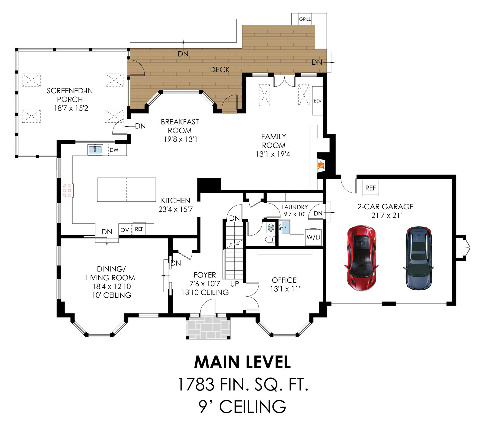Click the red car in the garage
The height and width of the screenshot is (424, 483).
tap(361, 258)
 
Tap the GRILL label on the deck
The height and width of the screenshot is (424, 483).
tap(305, 19)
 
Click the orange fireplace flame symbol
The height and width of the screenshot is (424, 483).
tap(321, 165)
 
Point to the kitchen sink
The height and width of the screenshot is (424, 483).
tap(95, 149)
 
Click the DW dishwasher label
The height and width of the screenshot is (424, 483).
tap(114, 150)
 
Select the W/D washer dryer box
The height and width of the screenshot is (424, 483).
tap(313, 237)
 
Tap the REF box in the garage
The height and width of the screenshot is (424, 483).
tap(370, 188)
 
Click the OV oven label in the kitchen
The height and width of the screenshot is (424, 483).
tap(125, 230)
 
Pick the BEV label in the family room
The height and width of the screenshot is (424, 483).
tap(318, 101)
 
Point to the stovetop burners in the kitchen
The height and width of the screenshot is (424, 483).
tap(67, 190)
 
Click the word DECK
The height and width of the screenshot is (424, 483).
tap(220, 70)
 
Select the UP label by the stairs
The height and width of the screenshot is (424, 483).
tap(235, 284)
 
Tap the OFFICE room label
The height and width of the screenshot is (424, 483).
tap(284, 280)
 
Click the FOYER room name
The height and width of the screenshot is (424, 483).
tap(205, 275)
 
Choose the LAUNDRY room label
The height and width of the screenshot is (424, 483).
tap(294, 207)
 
